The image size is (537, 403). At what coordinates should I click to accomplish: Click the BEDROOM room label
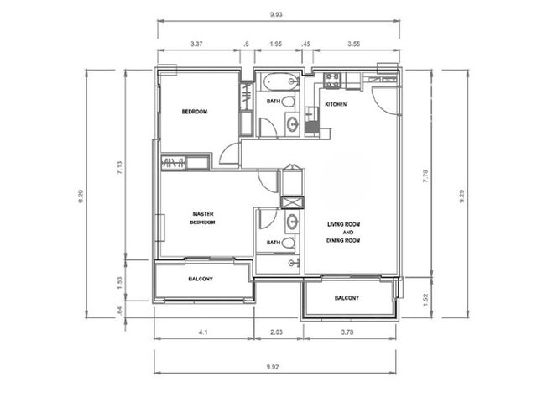pyautogui.click(x=194, y=112)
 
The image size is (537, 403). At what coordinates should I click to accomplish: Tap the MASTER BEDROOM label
pyautogui.click(x=203, y=218)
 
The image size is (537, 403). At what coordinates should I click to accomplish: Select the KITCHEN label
pyautogui.click(x=336, y=104)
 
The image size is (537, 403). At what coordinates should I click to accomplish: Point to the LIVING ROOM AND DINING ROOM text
pyautogui.click(x=343, y=233)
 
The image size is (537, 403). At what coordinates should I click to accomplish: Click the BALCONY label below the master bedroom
pyautogui.click(x=201, y=279)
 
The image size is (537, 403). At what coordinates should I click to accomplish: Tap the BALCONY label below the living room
pyautogui.click(x=347, y=298)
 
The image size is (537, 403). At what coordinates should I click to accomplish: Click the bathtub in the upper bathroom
pyautogui.click(x=281, y=81)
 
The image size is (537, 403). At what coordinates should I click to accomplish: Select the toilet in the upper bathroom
pyautogui.click(x=288, y=102)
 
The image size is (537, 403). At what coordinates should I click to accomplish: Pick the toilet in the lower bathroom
pyautogui.click(x=288, y=243)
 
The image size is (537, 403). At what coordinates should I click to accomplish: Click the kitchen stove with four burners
pyautogui.click(x=332, y=81)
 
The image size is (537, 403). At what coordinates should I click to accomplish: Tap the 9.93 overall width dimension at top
pyautogui.click(x=276, y=14)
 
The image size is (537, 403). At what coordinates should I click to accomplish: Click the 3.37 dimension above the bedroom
pyautogui.click(x=196, y=44)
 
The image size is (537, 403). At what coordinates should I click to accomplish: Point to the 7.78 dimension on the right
pyautogui.click(x=425, y=175)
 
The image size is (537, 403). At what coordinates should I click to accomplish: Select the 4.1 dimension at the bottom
pyautogui.click(x=203, y=332)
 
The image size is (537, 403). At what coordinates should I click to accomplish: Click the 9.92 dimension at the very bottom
pyautogui.click(x=272, y=367)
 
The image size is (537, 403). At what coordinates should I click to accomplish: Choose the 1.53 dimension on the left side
pyautogui.click(x=119, y=283)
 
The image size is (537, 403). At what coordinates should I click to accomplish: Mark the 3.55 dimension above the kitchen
pyautogui.click(x=354, y=44)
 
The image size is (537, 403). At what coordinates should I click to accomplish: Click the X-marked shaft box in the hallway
pyautogui.click(x=292, y=202)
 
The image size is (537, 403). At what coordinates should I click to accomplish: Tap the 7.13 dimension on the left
pyautogui.click(x=119, y=168)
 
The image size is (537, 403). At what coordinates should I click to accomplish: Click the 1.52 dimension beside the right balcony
pyautogui.click(x=425, y=300)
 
